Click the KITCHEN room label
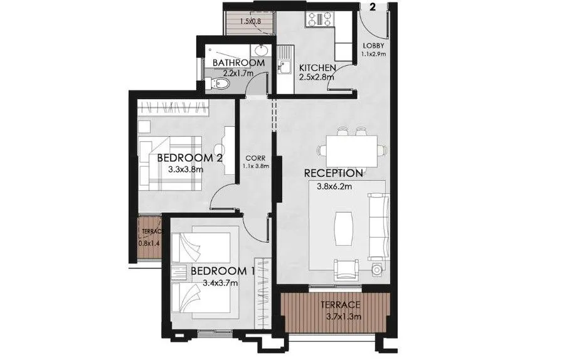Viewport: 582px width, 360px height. (x=317, y=68)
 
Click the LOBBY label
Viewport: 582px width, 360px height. (x=373, y=46)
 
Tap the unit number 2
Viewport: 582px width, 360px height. (x=373, y=8)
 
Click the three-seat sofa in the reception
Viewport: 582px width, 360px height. (x=378, y=226)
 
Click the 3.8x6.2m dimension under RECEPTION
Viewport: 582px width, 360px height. (x=332, y=186)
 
